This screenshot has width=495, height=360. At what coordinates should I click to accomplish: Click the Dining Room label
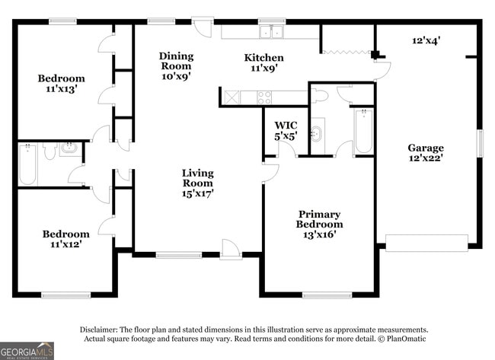(176, 65)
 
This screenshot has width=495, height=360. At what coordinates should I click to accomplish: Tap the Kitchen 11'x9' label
(263, 62)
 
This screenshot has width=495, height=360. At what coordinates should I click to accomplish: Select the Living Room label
(197, 183)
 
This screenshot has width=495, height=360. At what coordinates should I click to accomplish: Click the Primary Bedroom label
(319, 224)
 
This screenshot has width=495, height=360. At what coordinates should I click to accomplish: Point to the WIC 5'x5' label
(286, 129)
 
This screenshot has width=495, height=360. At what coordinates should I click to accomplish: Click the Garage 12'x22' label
(425, 153)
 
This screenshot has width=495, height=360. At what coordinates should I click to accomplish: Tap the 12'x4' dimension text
(426, 40)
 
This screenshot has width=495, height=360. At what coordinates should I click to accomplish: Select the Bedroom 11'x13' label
(62, 83)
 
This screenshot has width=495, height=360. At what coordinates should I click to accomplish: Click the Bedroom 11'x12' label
(65, 239)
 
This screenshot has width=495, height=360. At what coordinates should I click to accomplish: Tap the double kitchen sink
(271, 32)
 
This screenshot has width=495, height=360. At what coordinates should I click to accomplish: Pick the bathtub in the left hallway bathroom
(27, 165)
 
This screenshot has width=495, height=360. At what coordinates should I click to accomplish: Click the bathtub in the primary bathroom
(363, 132)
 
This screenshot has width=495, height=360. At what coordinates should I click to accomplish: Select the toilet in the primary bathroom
(319, 95)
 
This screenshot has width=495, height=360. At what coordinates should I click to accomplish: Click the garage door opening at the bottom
(426, 243)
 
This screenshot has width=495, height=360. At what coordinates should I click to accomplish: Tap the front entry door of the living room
(230, 249)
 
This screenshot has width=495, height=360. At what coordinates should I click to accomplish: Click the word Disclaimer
(101, 329)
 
